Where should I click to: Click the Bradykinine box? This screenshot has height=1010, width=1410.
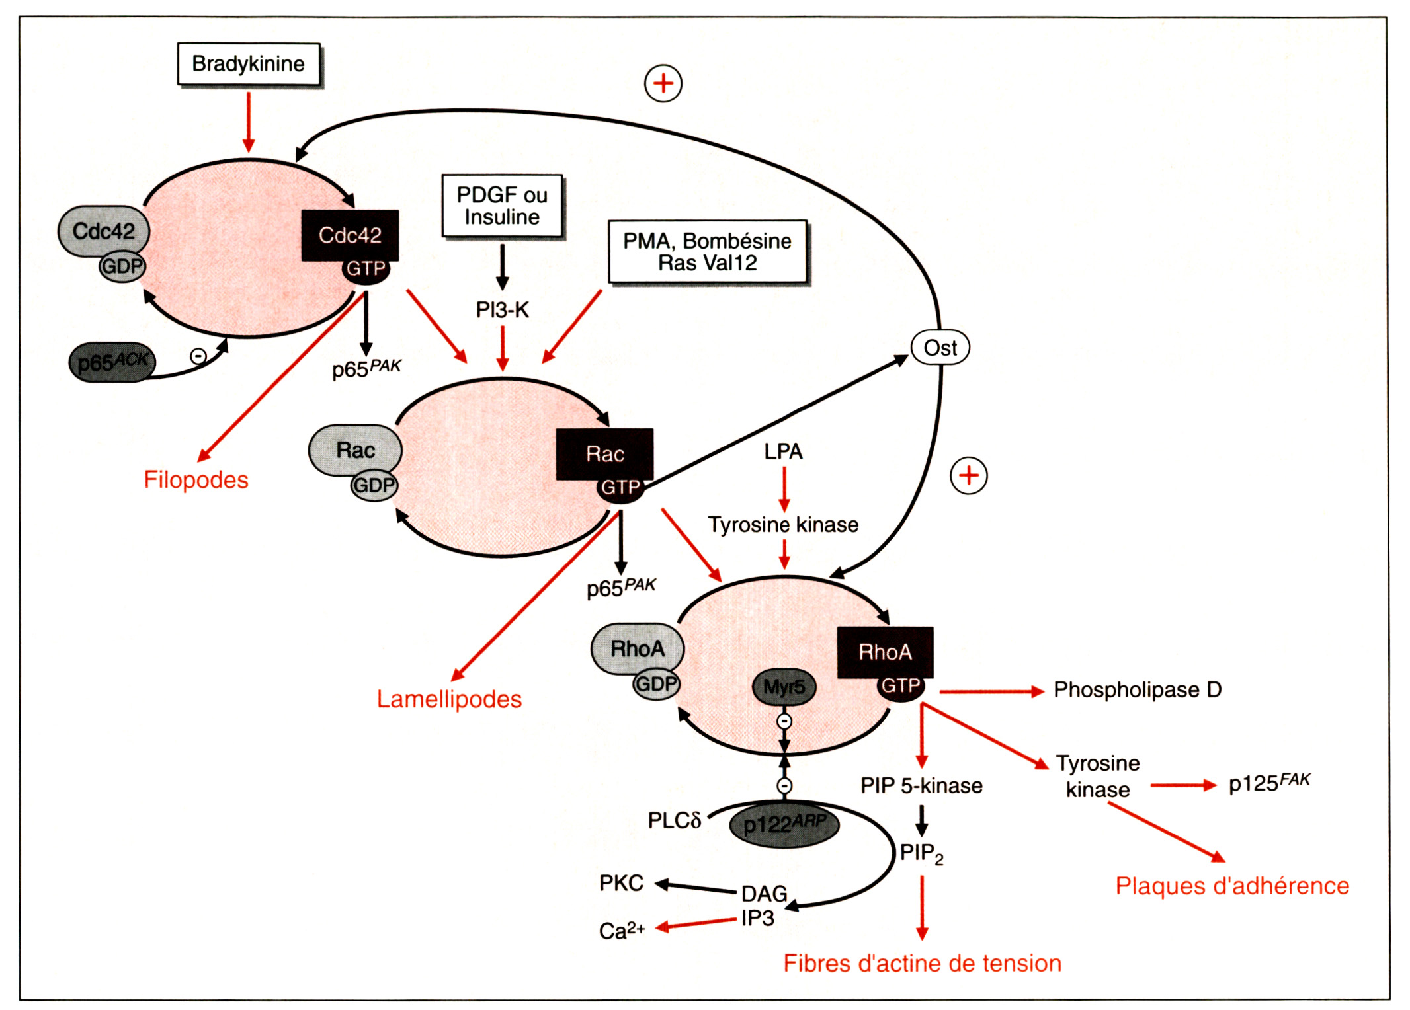249,64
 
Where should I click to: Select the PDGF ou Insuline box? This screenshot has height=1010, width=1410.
502,206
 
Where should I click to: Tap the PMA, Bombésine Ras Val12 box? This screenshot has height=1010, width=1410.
707,252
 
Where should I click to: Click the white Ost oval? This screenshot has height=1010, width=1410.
940,348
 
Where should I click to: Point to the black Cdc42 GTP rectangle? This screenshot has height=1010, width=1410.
350,235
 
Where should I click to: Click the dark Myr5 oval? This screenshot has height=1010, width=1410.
784,687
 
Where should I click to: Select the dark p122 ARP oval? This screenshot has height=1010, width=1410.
784,824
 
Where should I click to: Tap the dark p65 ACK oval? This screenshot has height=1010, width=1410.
112,362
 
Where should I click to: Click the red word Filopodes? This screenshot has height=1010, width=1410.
196,480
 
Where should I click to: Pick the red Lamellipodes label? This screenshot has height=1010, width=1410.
449,699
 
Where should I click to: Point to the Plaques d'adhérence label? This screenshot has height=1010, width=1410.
1232,886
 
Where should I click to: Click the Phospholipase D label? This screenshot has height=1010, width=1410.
1138,690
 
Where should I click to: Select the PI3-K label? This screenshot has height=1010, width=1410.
502,309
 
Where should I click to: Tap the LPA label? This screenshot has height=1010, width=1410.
783,451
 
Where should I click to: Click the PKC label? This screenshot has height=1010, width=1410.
621,883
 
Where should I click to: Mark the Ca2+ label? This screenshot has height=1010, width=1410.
622,931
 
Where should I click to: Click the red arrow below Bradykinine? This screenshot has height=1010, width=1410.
249,122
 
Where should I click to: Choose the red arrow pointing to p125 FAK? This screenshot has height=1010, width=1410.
1183,785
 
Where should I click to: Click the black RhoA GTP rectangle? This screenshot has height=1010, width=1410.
885,652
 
